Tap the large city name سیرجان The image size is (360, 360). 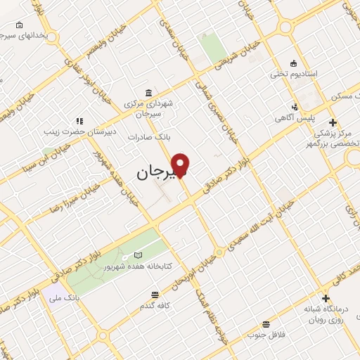tap(153, 171)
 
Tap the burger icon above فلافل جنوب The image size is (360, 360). tap(265, 324)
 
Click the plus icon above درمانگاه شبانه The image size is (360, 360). tap(326, 298)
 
